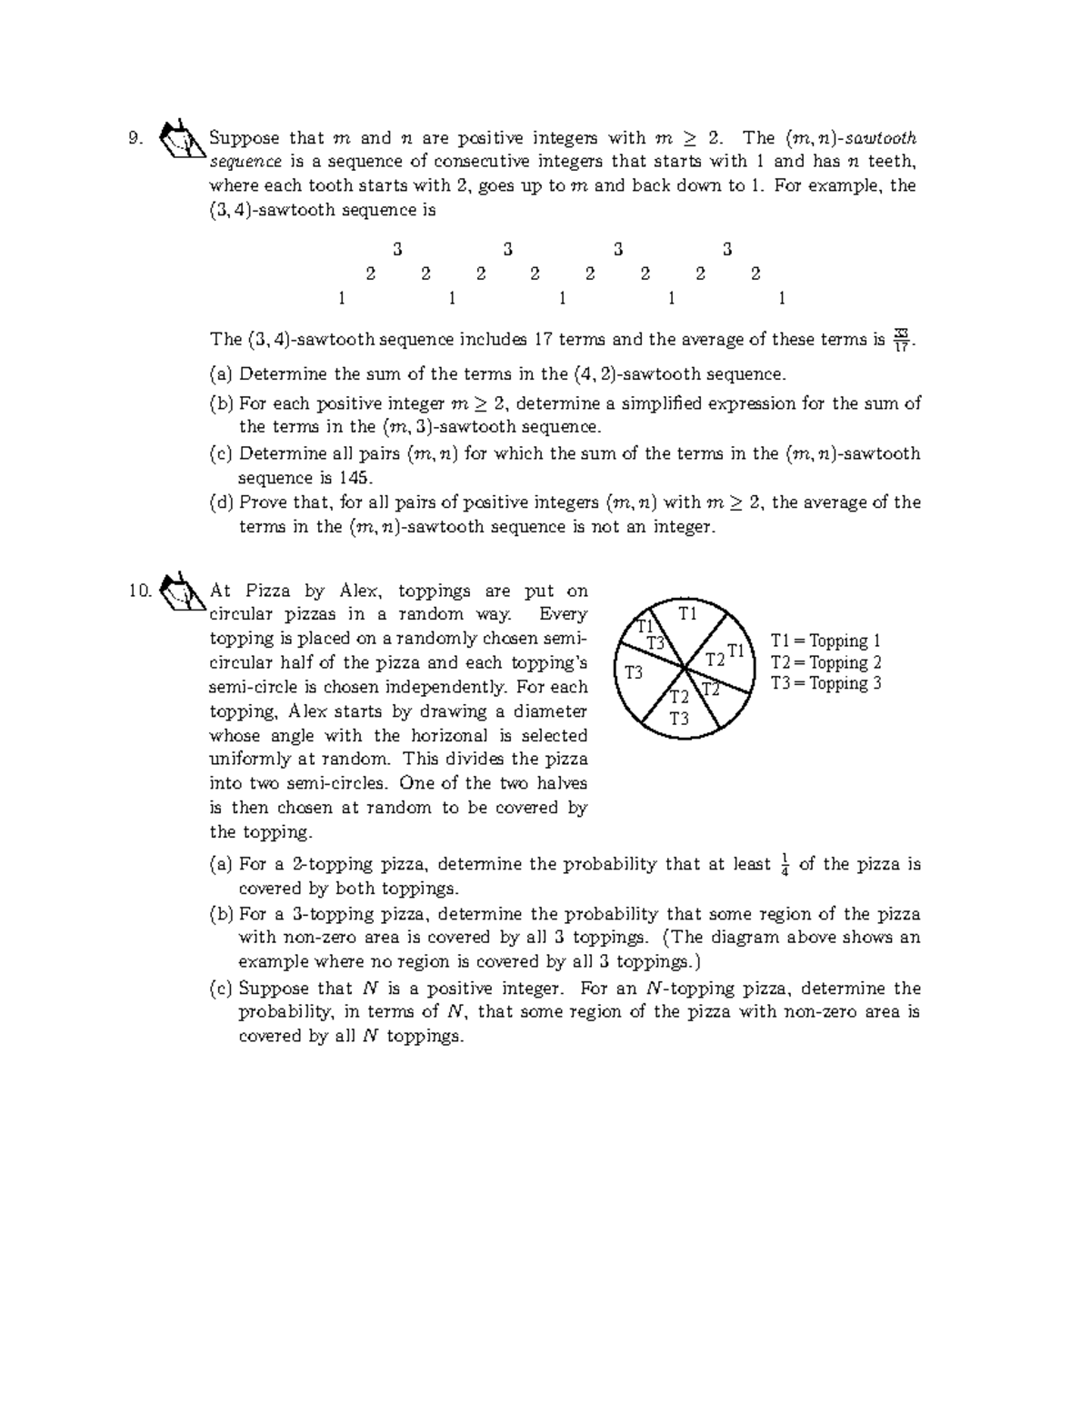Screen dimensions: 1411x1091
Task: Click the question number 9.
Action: (135, 139)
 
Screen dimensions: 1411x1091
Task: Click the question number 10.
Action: (139, 591)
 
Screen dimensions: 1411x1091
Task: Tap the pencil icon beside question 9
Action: (178, 139)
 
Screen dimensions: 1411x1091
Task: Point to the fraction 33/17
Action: (901, 339)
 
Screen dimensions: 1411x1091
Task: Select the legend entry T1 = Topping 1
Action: (826, 641)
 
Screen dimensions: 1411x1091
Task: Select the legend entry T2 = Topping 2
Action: (826, 662)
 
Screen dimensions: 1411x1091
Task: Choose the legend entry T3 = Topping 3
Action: (826, 683)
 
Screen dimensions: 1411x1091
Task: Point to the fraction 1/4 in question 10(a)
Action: (784, 865)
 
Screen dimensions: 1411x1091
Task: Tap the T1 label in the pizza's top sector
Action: (687, 614)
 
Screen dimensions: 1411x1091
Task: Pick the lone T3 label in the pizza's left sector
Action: (634, 673)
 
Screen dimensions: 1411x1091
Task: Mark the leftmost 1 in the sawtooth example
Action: (342, 298)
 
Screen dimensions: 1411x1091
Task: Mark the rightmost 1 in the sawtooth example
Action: (782, 298)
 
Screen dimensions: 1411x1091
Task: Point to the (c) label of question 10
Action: (221, 989)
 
